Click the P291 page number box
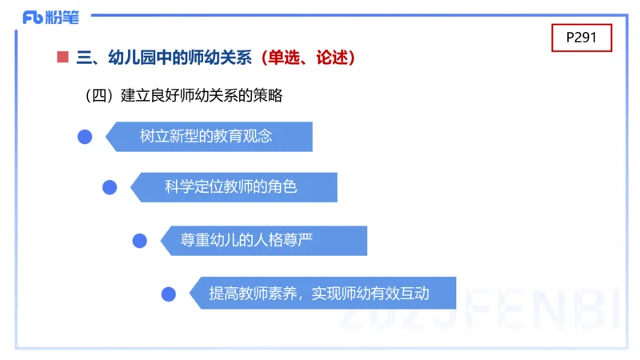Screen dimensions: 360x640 point(582,38)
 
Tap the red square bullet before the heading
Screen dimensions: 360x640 point(62,58)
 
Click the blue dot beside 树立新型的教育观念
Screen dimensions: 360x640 point(85,137)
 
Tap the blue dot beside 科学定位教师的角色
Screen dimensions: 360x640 point(110,187)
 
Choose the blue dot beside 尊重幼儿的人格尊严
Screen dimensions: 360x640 point(139,241)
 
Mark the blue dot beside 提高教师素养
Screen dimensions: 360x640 point(168,294)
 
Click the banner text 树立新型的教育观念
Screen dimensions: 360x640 point(206,137)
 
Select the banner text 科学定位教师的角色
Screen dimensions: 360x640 point(230,187)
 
